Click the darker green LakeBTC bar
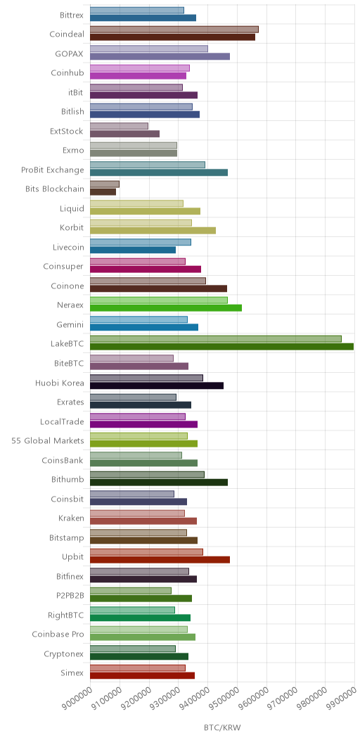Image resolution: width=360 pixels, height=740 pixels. (x=221, y=347)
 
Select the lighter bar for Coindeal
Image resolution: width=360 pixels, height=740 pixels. (x=174, y=30)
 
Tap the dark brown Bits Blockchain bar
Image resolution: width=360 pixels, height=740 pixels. (x=103, y=192)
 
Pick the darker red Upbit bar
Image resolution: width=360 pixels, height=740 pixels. (x=160, y=560)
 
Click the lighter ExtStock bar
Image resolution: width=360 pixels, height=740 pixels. (x=119, y=126)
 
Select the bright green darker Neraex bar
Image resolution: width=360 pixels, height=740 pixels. (x=166, y=308)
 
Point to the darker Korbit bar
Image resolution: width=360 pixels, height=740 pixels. (x=153, y=231)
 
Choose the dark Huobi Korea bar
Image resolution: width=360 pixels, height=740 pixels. (x=157, y=385)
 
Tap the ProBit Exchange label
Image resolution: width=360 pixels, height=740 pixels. (x=52, y=170)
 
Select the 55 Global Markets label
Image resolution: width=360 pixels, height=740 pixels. (x=48, y=441)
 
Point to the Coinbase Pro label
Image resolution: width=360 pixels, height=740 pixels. (x=58, y=634)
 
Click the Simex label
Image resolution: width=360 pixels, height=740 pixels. (x=72, y=673)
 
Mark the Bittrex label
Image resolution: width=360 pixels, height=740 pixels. (x=72, y=15)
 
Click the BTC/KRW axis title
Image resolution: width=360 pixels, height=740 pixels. (x=222, y=728)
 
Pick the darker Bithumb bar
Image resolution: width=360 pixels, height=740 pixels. (x=159, y=483)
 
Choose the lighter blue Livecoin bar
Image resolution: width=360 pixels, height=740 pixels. (x=141, y=242)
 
